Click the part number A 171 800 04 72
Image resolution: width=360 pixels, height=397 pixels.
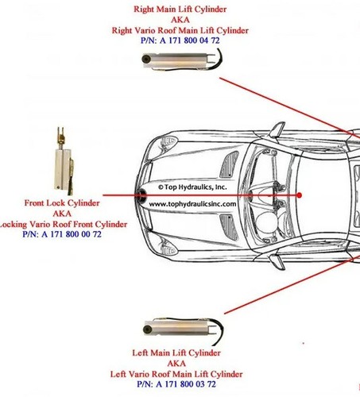(x=189, y=40)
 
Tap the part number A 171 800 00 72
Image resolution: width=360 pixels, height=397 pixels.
(x=72, y=234)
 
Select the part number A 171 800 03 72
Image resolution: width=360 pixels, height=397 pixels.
(x=186, y=384)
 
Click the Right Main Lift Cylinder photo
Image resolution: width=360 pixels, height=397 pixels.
(x=182, y=60)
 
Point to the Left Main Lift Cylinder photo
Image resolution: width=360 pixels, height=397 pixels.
(x=184, y=330)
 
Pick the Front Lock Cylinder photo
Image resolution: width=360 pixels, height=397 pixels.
(x=64, y=161)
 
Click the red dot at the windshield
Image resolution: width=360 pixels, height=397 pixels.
(x=300, y=195)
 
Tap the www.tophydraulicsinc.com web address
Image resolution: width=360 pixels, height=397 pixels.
(x=192, y=204)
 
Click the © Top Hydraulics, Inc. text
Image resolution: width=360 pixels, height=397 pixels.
(x=192, y=187)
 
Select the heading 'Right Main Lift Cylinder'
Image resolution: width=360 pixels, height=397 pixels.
(x=180, y=10)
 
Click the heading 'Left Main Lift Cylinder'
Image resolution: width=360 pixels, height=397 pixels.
(x=176, y=353)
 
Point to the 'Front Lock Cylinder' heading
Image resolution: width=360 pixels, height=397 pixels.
(x=62, y=203)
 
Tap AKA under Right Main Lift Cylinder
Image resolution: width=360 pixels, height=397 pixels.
(x=180, y=20)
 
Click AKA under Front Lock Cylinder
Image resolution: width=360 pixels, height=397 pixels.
(x=62, y=214)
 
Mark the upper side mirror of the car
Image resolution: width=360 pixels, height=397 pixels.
(x=277, y=129)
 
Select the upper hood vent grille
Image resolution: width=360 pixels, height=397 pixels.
(x=229, y=164)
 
